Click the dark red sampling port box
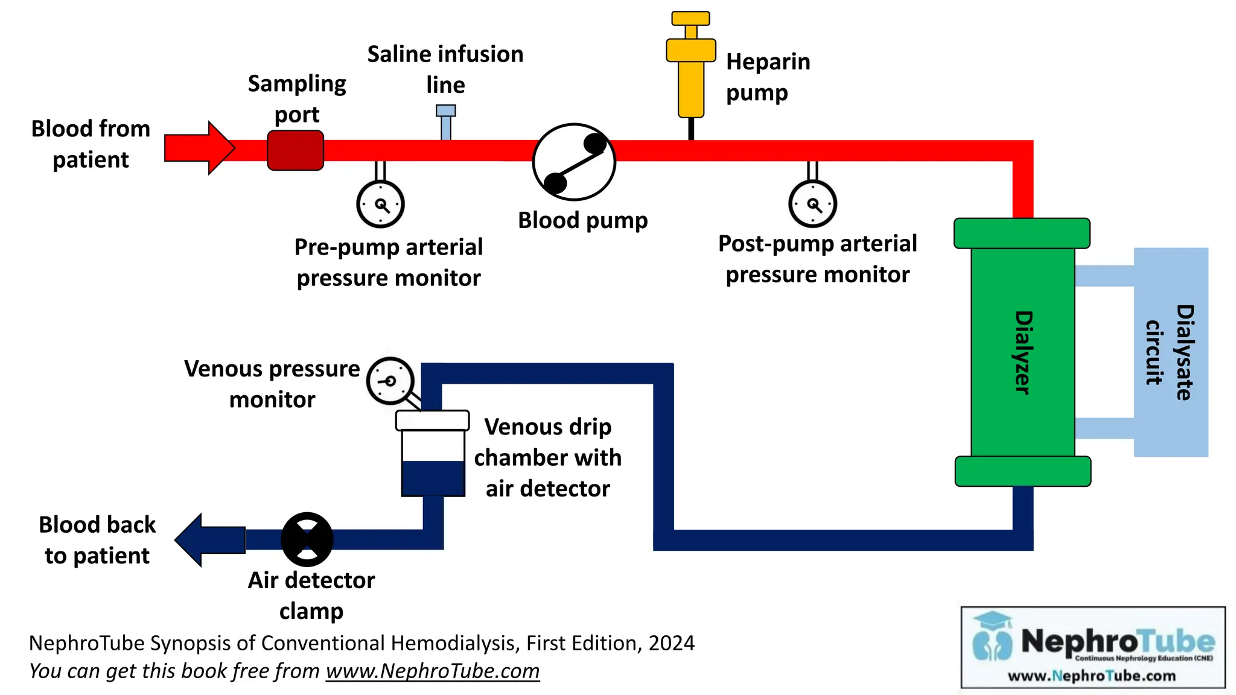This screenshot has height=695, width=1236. pyautogui.click(x=295, y=150)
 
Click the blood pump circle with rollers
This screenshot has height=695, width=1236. pyautogui.click(x=574, y=162)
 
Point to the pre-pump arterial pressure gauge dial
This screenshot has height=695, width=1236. pyautogui.click(x=380, y=204)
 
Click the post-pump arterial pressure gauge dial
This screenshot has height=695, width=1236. pyautogui.click(x=812, y=204)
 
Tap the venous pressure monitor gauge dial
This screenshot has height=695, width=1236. pyautogui.click(x=390, y=381)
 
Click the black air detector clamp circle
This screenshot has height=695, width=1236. pyautogui.click(x=307, y=539)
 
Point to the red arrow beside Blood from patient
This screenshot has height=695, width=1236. pyautogui.click(x=200, y=148)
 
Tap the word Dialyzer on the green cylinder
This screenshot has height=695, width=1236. pyautogui.click(x=1022, y=352)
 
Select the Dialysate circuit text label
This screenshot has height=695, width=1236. pyautogui.click(x=1170, y=352)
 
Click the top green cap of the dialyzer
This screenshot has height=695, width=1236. pyautogui.click(x=1021, y=233)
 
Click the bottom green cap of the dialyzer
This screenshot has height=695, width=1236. pyautogui.click(x=1022, y=471)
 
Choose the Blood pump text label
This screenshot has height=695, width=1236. pyautogui.click(x=582, y=221)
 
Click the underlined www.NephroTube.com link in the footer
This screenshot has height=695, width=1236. pyautogui.click(x=432, y=671)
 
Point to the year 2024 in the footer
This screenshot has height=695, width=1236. pyautogui.click(x=671, y=643)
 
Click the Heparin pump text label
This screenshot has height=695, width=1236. pyautogui.click(x=767, y=77)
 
